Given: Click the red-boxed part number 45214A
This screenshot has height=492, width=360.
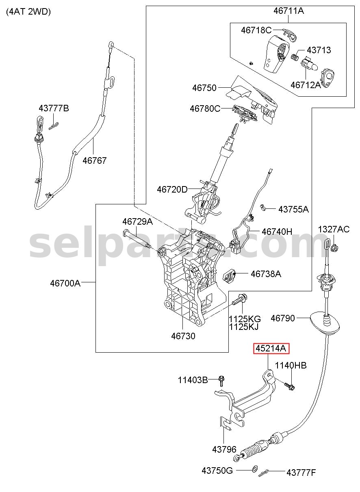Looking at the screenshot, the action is click(271, 348).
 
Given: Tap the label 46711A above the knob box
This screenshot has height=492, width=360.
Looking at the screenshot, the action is click(288, 11).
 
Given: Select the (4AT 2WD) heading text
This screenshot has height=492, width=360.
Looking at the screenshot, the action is click(28, 12).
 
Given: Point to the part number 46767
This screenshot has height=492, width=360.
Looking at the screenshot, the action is click(94, 160).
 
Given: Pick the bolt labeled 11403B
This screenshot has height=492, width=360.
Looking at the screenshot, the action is click(221, 380).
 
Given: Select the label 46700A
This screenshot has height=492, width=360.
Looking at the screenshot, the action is click(65, 283).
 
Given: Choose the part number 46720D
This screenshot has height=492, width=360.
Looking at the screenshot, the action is click(172, 189).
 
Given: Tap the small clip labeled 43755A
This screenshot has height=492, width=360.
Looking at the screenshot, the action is click(263, 207).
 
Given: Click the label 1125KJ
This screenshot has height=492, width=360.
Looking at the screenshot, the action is click(244, 327).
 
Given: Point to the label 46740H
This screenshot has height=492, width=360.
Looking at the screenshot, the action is click(277, 231).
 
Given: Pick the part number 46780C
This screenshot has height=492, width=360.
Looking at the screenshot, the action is click(205, 108).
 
